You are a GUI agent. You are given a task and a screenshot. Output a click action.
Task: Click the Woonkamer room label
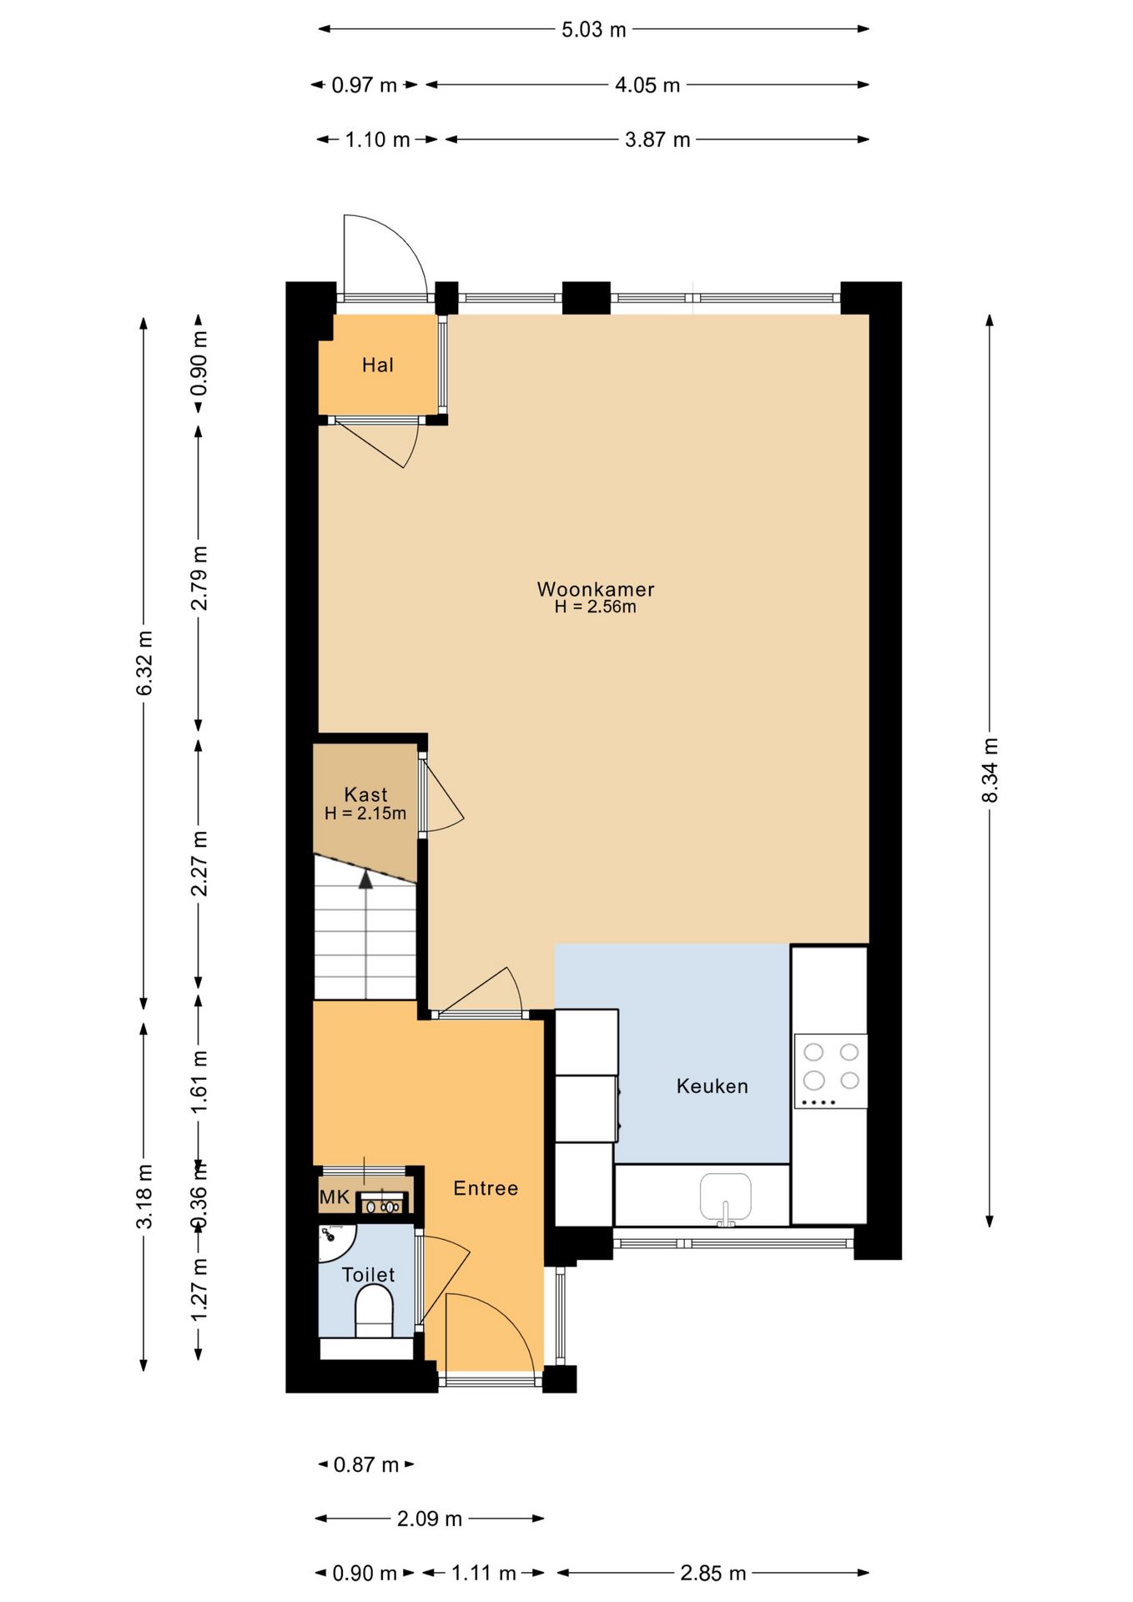[595, 589]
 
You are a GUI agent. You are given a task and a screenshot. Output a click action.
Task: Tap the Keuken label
[712, 1086]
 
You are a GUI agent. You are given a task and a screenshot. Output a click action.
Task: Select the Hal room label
[377, 365]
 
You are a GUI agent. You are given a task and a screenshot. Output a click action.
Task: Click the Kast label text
[365, 794]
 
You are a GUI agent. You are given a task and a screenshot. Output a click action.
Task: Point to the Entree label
[486, 1187]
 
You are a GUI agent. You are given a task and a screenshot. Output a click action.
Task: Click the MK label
[335, 1197]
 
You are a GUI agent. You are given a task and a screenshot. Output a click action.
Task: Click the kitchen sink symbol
[725, 1199]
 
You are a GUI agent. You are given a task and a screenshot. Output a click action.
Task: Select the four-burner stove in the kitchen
[830, 1071]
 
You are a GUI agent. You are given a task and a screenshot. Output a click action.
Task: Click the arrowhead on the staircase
[365, 879]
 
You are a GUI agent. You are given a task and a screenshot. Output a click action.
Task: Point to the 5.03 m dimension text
[593, 30]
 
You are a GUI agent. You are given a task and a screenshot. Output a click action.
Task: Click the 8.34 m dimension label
[989, 770]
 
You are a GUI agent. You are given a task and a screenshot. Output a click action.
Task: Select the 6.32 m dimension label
[144, 663]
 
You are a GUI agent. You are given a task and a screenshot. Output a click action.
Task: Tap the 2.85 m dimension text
[713, 1573]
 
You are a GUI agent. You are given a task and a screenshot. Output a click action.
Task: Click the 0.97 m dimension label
[364, 85]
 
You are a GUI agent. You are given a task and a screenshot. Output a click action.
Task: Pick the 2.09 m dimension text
[430, 1519]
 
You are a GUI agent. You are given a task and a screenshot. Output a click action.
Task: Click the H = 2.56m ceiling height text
[595, 607]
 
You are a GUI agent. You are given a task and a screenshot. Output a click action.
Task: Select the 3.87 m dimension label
[657, 139]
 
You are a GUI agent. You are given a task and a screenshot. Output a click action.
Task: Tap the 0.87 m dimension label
[366, 1464]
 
